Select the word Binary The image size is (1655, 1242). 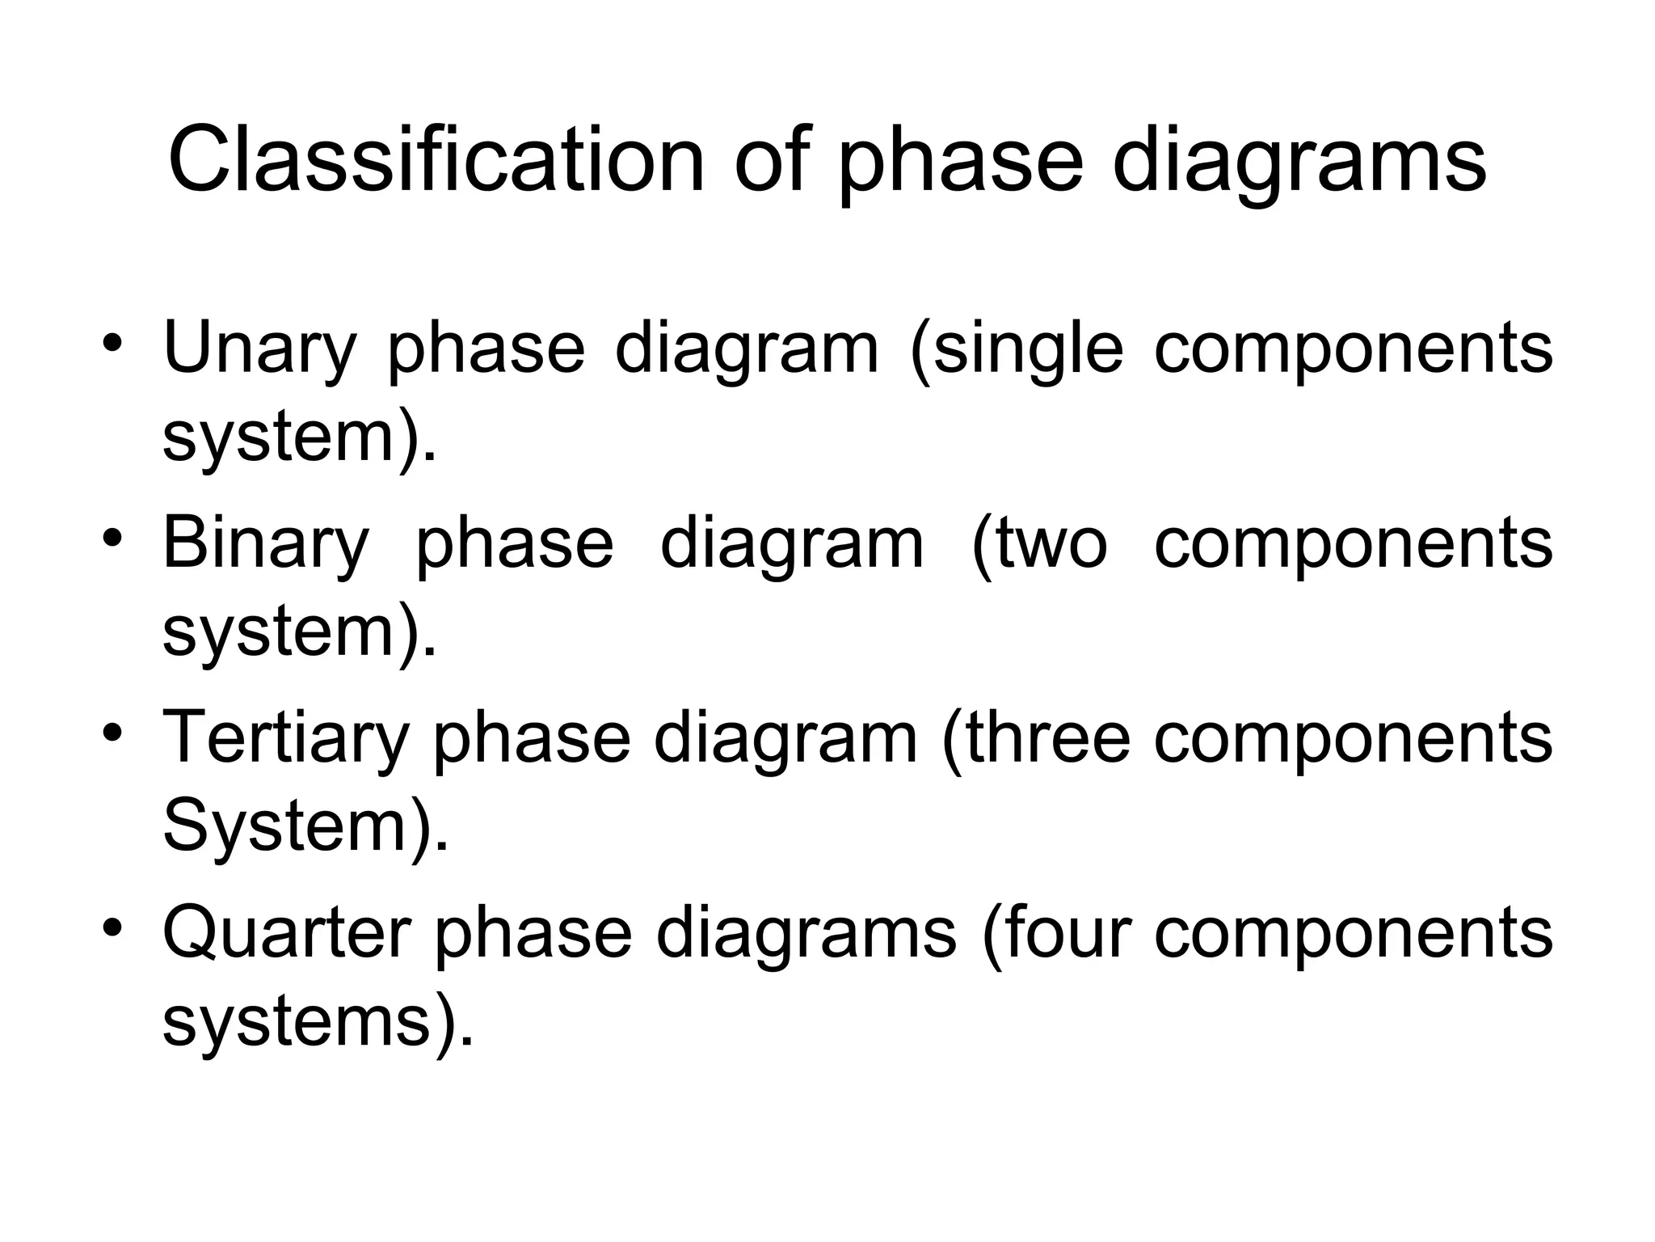(266, 543)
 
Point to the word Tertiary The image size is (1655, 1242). (285, 738)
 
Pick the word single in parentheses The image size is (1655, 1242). (1017, 349)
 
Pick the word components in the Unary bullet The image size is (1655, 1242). (1354, 349)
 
